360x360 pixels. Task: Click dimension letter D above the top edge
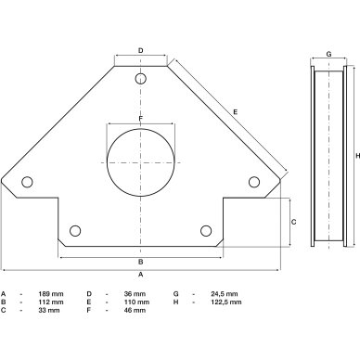click(141, 50)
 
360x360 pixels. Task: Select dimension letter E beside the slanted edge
click(236, 112)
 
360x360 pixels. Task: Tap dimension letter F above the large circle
click(141, 119)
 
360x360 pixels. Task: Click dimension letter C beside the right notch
click(294, 222)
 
